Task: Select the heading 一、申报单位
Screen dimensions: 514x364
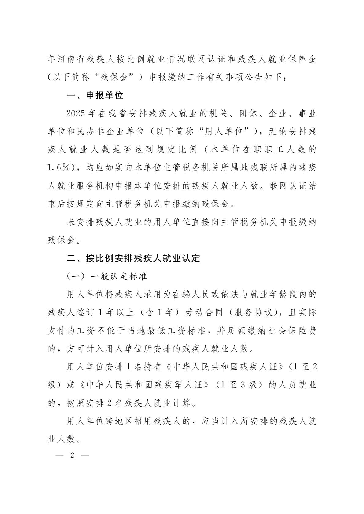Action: [95, 96]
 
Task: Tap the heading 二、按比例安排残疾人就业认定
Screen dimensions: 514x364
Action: [133, 258]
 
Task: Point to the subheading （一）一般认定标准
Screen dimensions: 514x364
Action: [107, 276]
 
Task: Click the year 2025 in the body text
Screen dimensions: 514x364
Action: [75, 114]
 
